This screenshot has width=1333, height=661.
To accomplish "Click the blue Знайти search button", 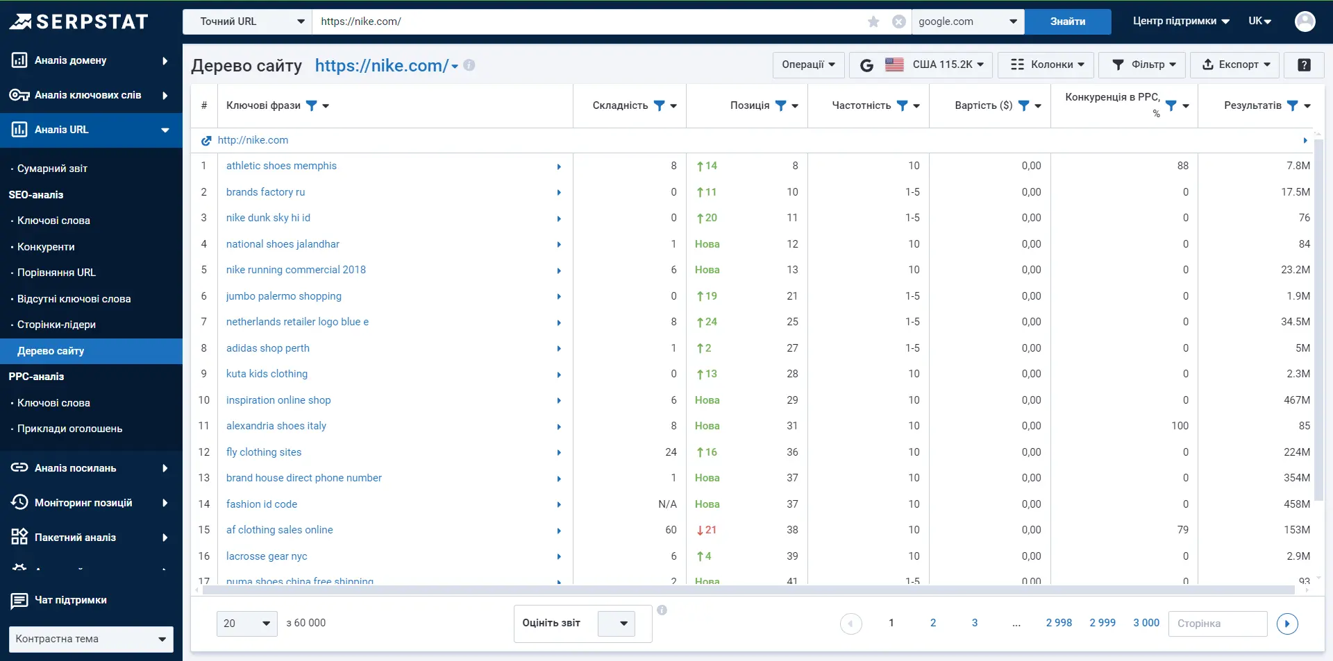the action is [1067, 22].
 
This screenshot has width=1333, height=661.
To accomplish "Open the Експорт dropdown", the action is [1235, 65].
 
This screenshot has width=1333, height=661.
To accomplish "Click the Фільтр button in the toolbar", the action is [1143, 65].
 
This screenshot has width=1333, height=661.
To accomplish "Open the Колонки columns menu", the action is [1046, 65].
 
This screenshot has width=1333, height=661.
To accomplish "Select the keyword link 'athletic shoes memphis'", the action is [281, 166].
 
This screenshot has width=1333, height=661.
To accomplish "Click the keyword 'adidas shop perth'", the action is [268, 348].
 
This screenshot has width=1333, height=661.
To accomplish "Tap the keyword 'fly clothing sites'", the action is [264, 452].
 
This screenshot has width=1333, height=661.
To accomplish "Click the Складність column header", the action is [620, 105].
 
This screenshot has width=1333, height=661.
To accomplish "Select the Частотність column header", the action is [861, 105].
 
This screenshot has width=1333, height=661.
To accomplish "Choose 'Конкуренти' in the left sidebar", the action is [46, 247].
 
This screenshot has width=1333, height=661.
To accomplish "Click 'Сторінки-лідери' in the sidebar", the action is [56, 325].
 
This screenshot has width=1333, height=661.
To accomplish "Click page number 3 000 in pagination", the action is [1146, 623].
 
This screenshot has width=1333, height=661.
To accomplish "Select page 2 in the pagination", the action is [933, 623].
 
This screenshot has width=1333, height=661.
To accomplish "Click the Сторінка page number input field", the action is [1218, 624].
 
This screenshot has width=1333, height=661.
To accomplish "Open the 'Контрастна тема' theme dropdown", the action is [91, 639].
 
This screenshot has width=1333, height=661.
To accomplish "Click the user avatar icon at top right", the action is [1305, 22].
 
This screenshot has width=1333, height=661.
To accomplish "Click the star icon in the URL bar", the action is [873, 22].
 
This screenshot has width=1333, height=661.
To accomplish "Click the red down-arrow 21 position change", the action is [707, 530].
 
